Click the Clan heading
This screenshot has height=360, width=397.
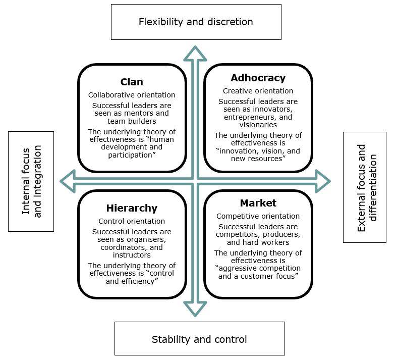[132, 82]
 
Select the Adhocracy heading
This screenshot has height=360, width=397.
[258, 78]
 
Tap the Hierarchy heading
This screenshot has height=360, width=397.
[132, 208]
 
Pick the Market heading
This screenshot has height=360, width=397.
[258, 203]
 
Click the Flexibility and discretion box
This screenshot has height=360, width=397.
[196, 22]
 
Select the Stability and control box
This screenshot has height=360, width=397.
[199, 339]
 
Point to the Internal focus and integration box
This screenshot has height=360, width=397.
[31, 181]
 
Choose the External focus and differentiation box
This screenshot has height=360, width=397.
[365, 187]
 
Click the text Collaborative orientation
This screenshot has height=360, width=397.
[132, 95]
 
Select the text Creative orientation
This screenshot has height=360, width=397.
[258, 91]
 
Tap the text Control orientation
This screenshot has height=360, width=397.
[132, 221]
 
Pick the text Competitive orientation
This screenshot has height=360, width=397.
[258, 216]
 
